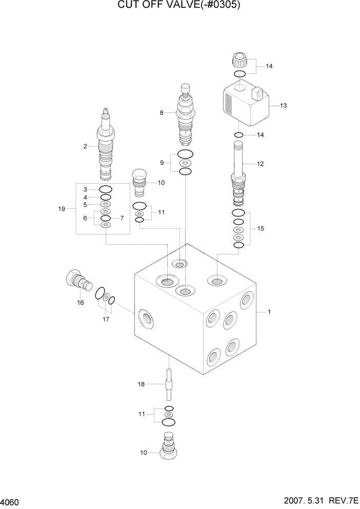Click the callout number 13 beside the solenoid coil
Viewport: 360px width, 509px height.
click(x=283, y=106)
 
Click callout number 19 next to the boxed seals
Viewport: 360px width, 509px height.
click(x=62, y=209)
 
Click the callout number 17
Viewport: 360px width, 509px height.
click(x=106, y=319)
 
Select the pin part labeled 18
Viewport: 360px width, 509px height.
click(x=169, y=383)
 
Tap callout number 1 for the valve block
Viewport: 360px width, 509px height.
click(x=269, y=311)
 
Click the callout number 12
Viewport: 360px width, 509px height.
click(x=260, y=164)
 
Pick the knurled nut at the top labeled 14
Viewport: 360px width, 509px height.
click(x=240, y=63)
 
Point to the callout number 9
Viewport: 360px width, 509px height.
click(x=162, y=163)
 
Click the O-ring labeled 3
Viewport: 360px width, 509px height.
click(x=106, y=189)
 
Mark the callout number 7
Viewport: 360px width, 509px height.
click(x=122, y=218)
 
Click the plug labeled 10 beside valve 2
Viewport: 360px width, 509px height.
click(x=139, y=182)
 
